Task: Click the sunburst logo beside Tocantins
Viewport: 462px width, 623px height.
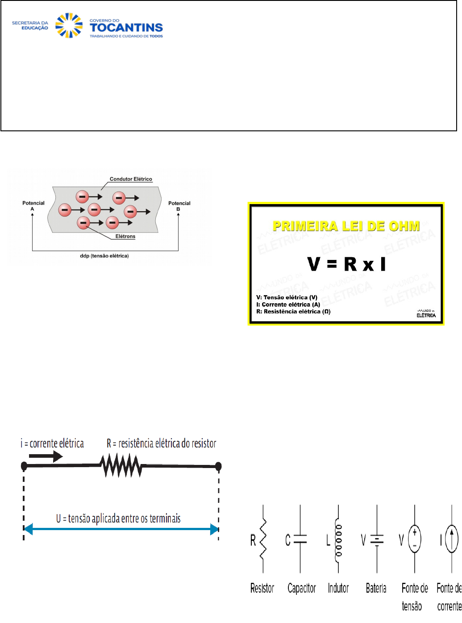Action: (x=69, y=25)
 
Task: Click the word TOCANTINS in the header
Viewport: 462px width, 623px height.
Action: (x=126, y=28)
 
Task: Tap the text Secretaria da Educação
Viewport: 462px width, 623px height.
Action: (x=30, y=25)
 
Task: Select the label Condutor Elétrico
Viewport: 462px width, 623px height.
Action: (x=131, y=179)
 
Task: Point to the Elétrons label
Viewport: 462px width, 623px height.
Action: (x=125, y=236)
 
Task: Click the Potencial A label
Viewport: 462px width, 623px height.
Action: (x=33, y=205)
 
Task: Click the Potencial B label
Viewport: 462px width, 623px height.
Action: (x=179, y=205)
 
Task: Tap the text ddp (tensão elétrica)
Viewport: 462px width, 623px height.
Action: (x=104, y=256)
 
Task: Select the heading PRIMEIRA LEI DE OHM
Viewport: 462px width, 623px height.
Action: (x=346, y=226)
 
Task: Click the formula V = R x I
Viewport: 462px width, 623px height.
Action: (x=346, y=264)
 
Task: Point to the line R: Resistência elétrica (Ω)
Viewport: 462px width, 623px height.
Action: (x=293, y=312)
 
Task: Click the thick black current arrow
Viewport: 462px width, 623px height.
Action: (x=46, y=456)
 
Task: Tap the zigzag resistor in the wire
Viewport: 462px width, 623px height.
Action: (x=121, y=466)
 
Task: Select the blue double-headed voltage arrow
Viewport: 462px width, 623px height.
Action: (x=121, y=530)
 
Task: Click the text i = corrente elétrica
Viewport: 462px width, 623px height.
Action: (x=52, y=443)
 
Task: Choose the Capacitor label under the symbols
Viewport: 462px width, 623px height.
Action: (x=302, y=588)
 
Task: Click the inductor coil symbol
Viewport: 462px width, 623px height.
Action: (x=338, y=540)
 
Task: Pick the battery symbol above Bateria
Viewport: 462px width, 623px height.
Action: (x=377, y=539)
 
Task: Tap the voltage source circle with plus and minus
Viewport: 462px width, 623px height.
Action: (x=415, y=539)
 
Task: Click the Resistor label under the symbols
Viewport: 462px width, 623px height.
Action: (x=262, y=588)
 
